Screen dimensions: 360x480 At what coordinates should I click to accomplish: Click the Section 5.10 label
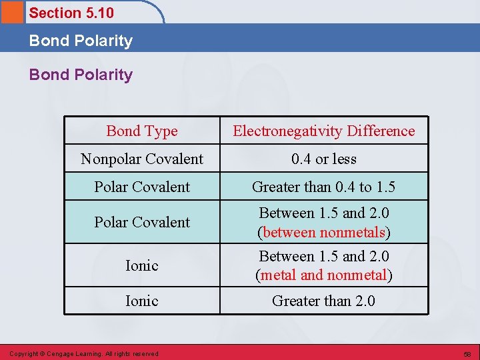click(x=71, y=13)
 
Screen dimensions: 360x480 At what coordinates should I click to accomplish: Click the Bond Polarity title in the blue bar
click(x=81, y=41)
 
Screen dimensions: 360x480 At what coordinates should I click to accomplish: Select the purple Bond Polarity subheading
click(x=81, y=75)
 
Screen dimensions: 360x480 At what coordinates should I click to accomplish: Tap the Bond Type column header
click(x=142, y=131)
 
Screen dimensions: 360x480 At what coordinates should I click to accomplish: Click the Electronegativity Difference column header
click(x=323, y=131)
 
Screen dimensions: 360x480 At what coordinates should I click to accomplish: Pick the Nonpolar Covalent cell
click(x=142, y=159)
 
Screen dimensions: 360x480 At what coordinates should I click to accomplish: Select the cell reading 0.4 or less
click(x=323, y=159)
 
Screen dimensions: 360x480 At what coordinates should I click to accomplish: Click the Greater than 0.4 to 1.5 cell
click(x=323, y=187)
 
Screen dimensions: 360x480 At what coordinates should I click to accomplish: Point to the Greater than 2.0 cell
click(x=323, y=301)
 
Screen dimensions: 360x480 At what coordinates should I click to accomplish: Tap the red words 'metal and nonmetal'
click(x=324, y=275)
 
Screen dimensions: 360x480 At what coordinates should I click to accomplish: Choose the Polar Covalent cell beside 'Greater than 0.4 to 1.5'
click(x=142, y=187)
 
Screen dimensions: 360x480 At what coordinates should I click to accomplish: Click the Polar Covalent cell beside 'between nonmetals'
click(x=142, y=222)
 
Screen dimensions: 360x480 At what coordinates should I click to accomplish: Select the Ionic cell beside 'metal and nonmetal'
click(x=142, y=265)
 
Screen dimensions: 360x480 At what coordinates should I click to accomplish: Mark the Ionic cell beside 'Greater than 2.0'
click(x=142, y=301)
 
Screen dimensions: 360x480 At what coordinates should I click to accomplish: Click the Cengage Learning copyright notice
click(x=83, y=353)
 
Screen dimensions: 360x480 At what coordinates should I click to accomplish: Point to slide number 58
click(x=467, y=353)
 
